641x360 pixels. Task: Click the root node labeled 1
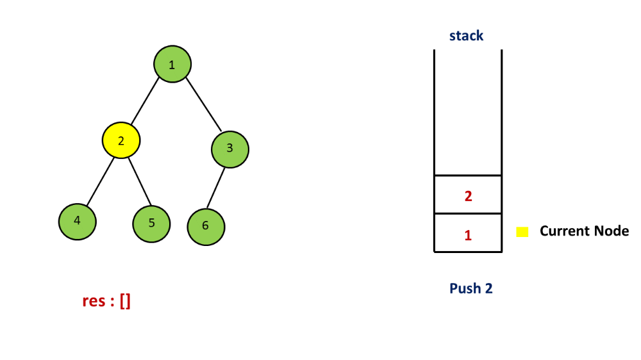pyautogui.click(x=172, y=64)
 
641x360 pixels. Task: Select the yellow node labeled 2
pyautogui.click(x=121, y=140)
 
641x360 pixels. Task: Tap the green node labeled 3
pyautogui.click(x=230, y=149)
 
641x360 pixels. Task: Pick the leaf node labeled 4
pyautogui.click(x=78, y=221)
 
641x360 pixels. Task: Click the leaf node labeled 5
pyautogui.click(x=152, y=224)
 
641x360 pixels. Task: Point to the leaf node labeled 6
pyautogui.click(x=206, y=226)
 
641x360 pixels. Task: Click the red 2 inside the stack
pyautogui.click(x=468, y=196)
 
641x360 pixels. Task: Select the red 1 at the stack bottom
pyautogui.click(x=468, y=235)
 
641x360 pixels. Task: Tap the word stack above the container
pyautogui.click(x=466, y=36)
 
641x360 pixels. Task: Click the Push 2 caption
pyautogui.click(x=470, y=288)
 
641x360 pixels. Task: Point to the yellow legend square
pyautogui.click(x=522, y=232)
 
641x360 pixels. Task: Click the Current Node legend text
pyautogui.click(x=584, y=231)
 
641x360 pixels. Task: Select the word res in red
pyautogui.click(x=94, y=301)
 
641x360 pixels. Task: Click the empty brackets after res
pyautogui.click(x=124, y=301)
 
